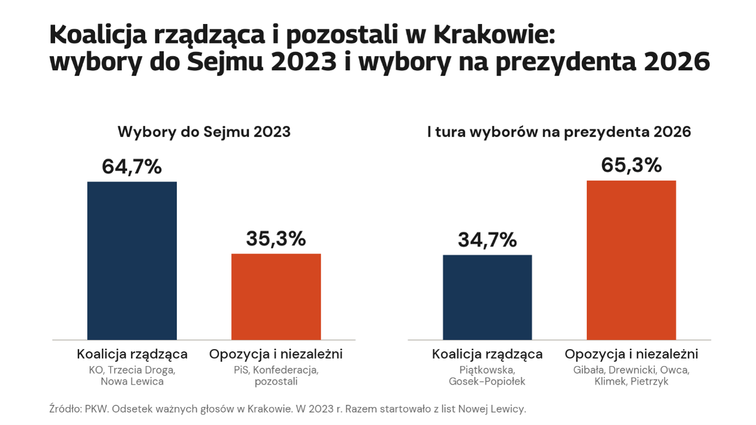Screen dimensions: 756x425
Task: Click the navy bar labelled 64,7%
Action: pos(132,260)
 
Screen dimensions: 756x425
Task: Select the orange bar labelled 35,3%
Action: pos(276,296)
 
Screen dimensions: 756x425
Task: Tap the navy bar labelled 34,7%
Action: pos(487,297)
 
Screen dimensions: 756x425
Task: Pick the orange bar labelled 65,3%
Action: pos(632,260)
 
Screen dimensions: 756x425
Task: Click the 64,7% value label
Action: pos(132,167)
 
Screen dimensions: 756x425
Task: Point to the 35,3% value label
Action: pos(276,239)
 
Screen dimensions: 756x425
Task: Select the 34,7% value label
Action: pos(487,240)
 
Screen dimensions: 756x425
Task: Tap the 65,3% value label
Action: pos(632,166)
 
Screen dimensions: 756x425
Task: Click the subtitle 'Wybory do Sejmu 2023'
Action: pos(204,132)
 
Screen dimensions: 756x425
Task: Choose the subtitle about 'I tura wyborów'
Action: pos(559,132)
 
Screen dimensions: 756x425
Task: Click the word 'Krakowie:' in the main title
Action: pos(494,35)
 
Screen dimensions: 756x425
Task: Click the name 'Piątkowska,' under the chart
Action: pos(487,370)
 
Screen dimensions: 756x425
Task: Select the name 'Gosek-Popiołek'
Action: pos(487,381)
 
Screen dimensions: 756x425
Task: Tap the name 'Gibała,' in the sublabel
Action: pos(589,370)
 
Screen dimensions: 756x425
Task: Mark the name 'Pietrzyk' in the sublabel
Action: pos(649,381)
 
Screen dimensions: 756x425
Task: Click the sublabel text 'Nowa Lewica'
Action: pos(133,381)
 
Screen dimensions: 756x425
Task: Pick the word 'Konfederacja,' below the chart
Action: pos(286,370)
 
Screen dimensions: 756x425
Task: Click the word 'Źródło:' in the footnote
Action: pos(66,409)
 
